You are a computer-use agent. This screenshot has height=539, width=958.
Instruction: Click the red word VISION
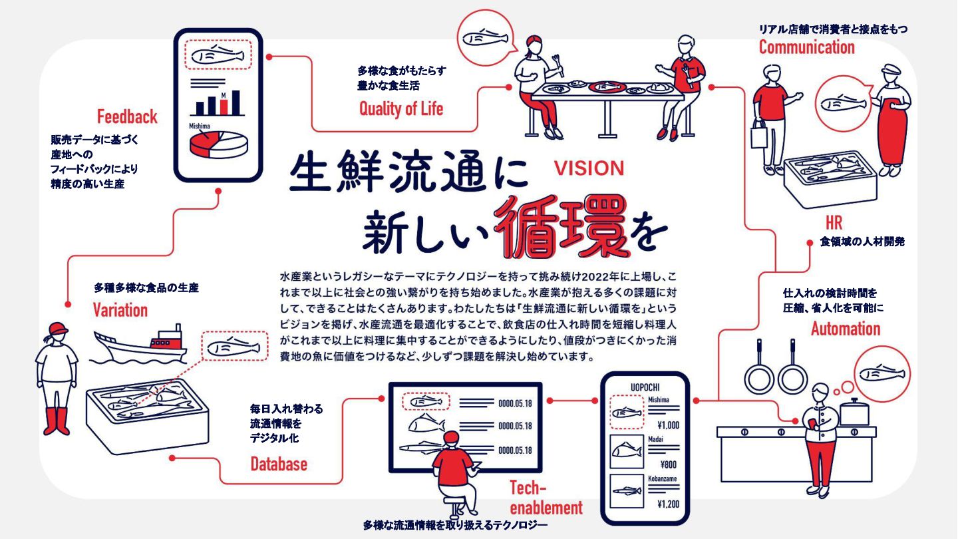[589, 168]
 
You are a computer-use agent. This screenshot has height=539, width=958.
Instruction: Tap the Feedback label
[127, 117]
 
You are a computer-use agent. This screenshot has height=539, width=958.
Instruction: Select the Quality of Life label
[400, 108]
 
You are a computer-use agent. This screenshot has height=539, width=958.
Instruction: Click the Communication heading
[806, 47]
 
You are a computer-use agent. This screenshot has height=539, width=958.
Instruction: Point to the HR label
[834, 222]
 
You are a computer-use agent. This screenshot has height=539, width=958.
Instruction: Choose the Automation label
[845, 329]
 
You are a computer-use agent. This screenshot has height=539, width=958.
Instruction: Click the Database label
[279, 464]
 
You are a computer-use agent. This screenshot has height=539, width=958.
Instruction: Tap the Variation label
[120, 310]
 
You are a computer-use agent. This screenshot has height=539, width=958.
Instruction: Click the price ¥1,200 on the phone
[667, 504]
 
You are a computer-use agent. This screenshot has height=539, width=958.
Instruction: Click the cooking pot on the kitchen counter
[853, 412]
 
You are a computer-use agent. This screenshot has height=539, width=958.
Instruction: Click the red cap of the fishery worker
[58, 327]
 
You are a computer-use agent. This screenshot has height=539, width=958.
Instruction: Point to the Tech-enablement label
[546, 498]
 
